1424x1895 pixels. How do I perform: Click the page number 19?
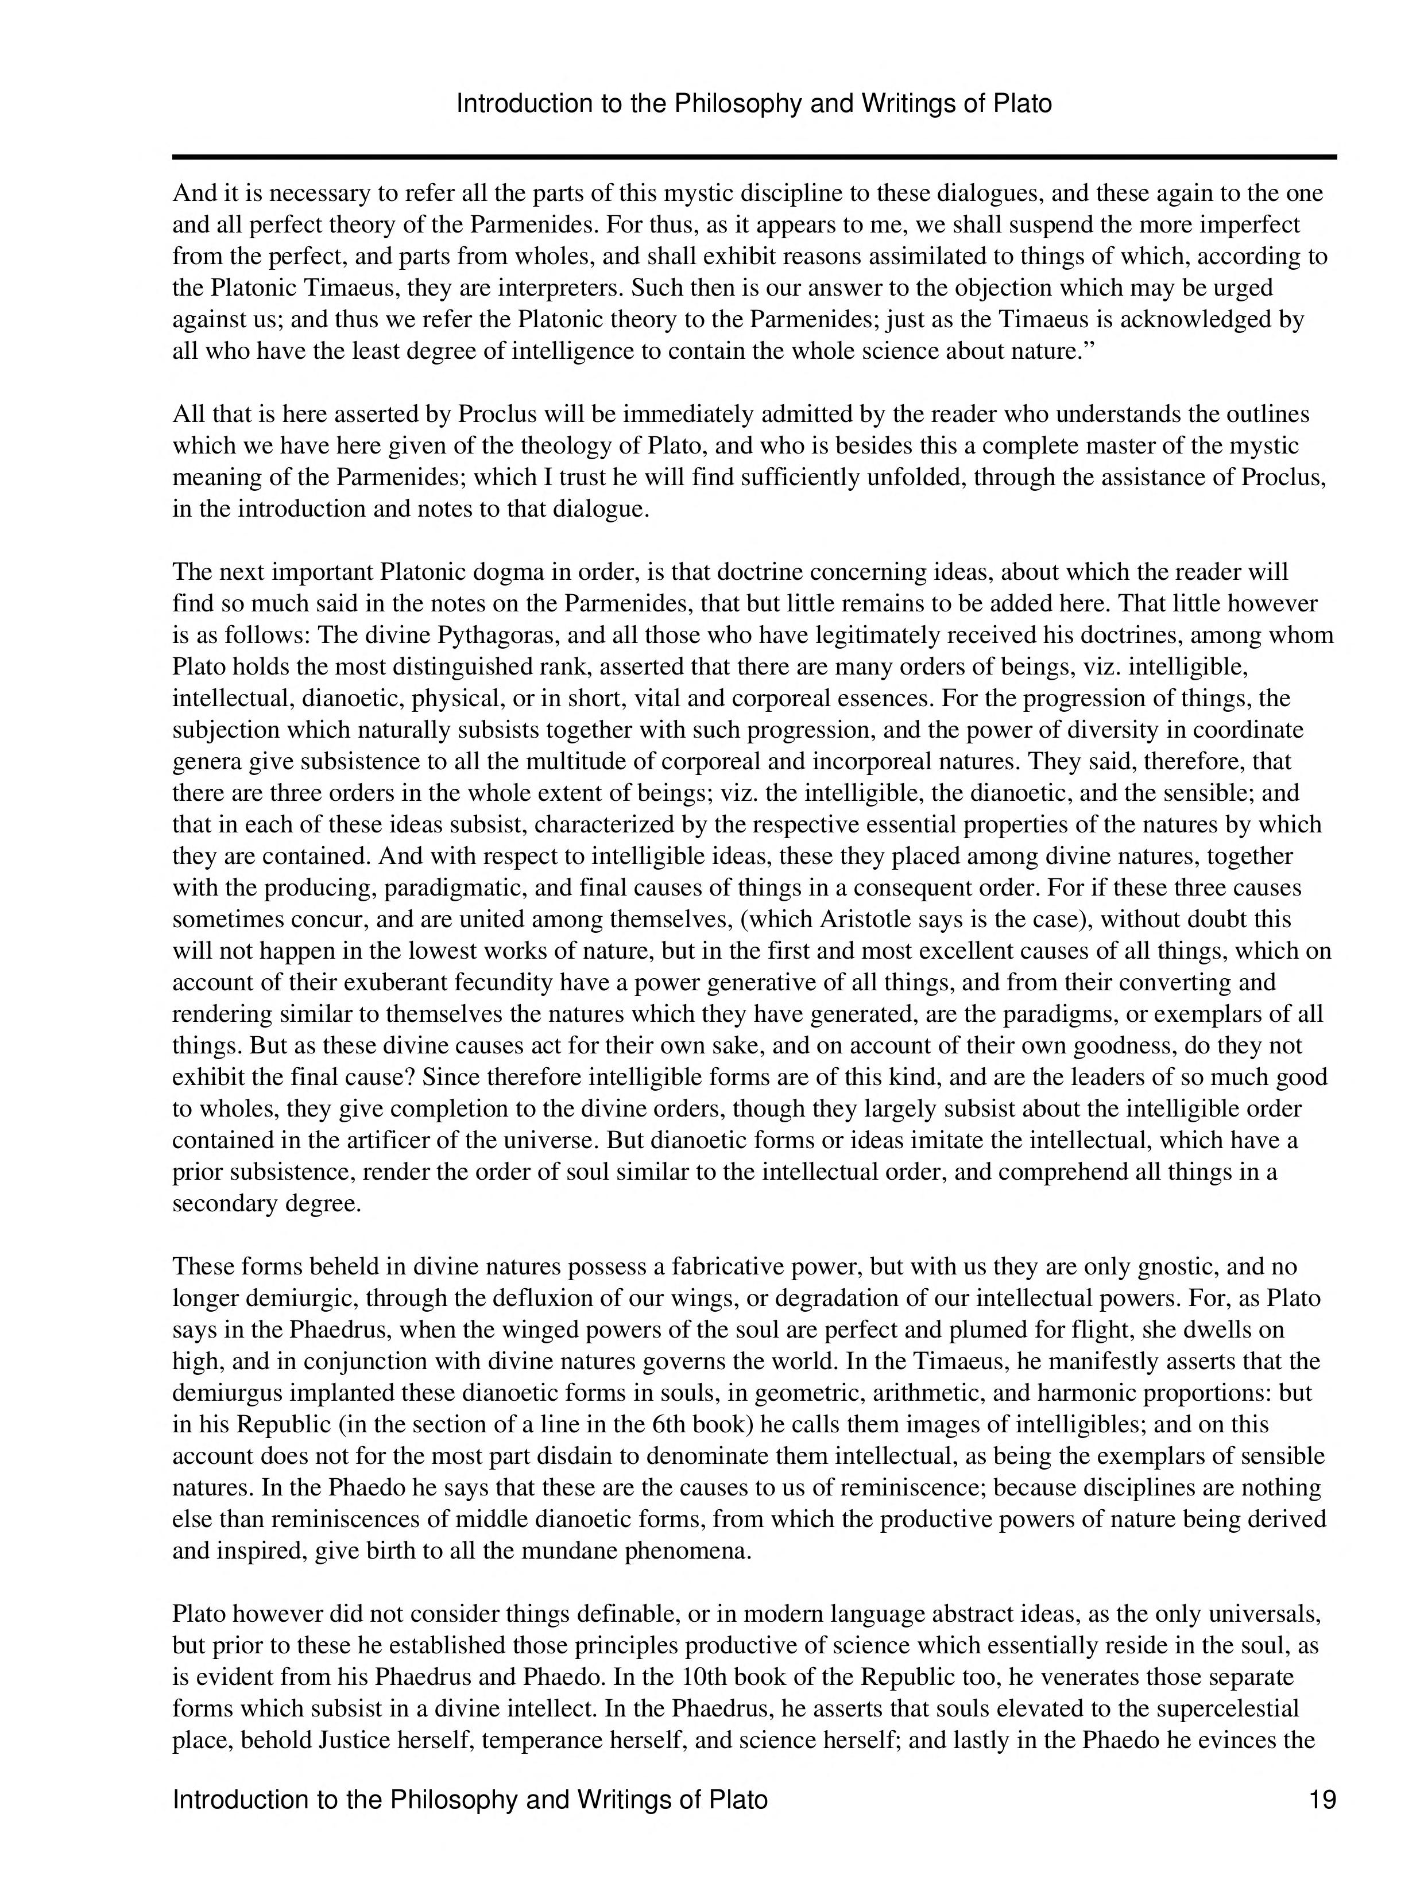[x=1322, y=1800]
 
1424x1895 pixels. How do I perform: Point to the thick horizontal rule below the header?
[x=754, y=157]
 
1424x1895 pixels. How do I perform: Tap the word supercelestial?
[x=1229, y=1708]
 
